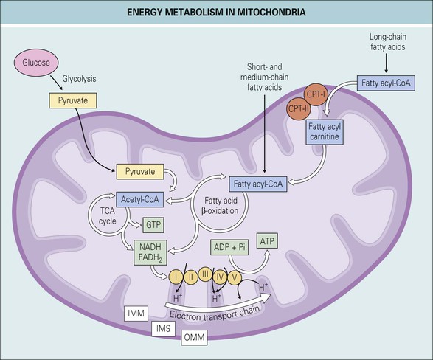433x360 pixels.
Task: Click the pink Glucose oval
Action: (x=36, y=63)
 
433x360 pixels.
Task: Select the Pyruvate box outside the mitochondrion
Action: (x=73, y=100)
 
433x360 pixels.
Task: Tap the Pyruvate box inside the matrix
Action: (x=140, y=171)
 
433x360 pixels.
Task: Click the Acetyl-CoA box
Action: (x=139, y=199)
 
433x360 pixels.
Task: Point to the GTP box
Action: (x=153, y=225)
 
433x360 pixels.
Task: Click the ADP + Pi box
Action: (x=229, y=247)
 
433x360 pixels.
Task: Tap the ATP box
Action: (x=267, y=241)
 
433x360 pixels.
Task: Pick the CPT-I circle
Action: (x=316, y=94)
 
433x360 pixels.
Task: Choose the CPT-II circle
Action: (x=299, y=108)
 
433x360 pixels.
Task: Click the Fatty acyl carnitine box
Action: (x=325, y=132)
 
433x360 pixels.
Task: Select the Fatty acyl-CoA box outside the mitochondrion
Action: (x=386, y=83)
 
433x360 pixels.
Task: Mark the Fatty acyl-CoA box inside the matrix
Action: (x=258, y=184)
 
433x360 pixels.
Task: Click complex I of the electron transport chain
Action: (x=176, y=277)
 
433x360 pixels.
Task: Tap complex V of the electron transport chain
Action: (x=234, y=277)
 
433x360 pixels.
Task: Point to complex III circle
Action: (x=205, y=274)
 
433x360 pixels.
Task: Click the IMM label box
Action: (x=136, y=314)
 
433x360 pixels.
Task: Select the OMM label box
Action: (x=194, y=337)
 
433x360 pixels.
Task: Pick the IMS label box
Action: (x=163, y=329)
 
